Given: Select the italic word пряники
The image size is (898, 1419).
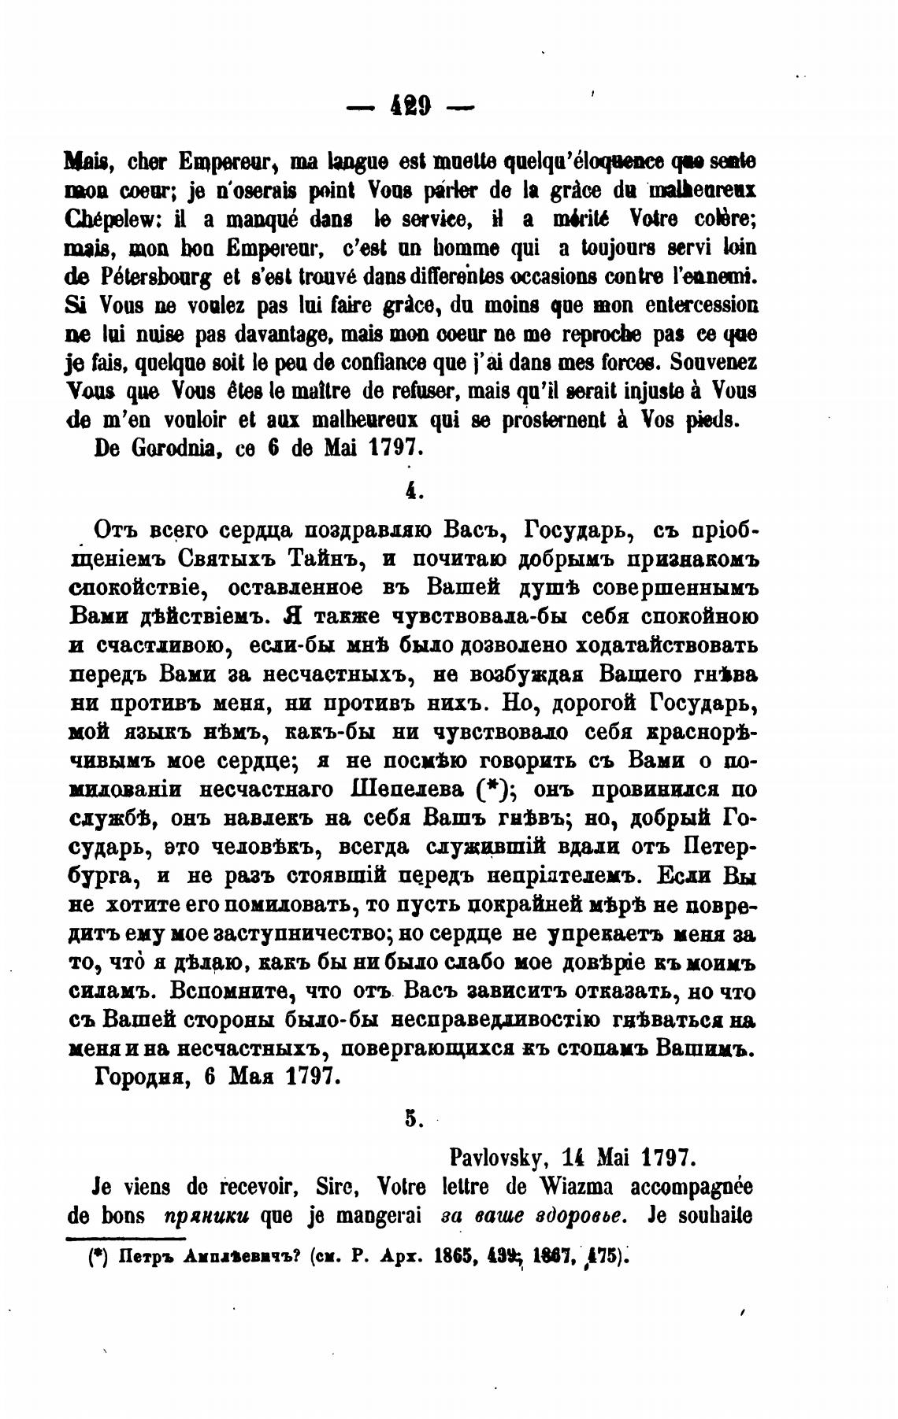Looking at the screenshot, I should pos(205,1216).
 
